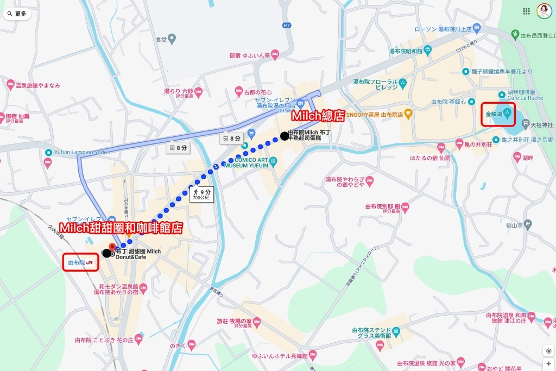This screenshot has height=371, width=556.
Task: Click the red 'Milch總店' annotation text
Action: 318,116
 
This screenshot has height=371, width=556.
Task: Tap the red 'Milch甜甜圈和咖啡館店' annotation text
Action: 120,228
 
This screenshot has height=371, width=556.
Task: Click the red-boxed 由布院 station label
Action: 80,262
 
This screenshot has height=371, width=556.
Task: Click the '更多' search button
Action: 17,14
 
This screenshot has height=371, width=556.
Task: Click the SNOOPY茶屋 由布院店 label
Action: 378,115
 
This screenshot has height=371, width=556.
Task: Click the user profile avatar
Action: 544,11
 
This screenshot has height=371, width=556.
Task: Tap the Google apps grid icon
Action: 526,11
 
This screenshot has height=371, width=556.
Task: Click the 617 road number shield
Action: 287,26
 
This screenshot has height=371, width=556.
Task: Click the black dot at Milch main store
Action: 284,136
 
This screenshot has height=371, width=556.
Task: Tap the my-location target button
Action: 548,351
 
